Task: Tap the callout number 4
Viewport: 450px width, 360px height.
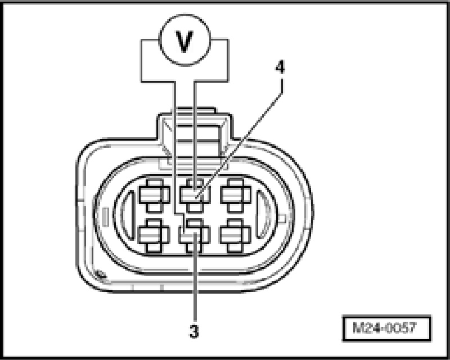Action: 280,67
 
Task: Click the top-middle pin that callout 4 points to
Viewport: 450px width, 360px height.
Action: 194,195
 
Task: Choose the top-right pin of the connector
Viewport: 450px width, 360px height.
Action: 235,195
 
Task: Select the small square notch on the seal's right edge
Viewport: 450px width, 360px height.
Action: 282,217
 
